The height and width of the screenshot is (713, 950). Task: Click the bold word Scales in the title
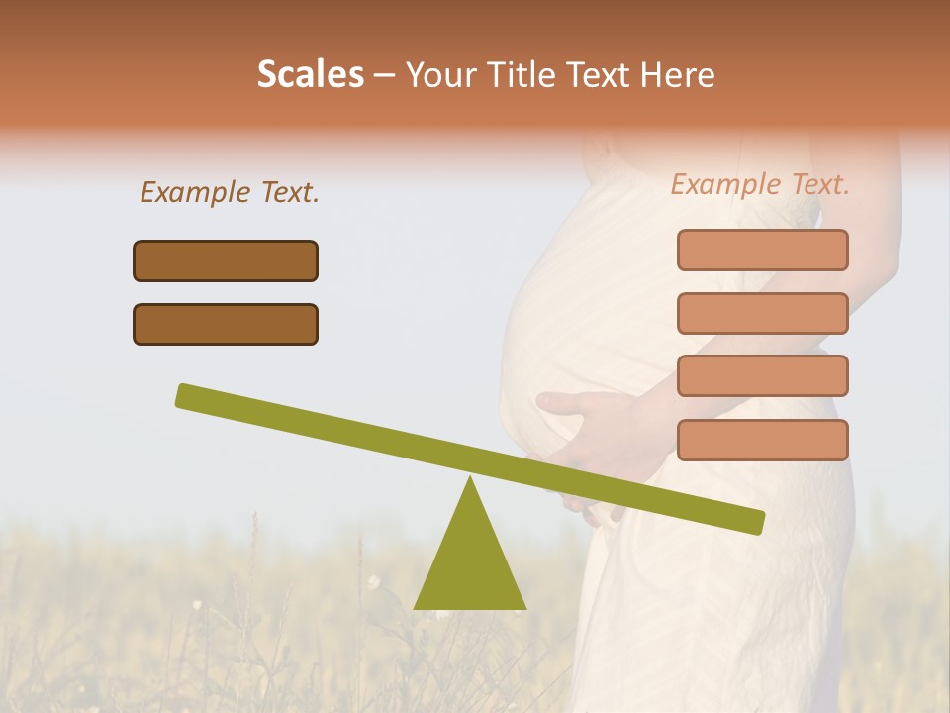[310, 74]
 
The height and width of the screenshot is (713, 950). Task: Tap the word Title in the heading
[517, 74]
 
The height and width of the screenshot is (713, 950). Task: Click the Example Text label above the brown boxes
[230, 192]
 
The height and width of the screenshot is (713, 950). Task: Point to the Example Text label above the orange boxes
[760, 184]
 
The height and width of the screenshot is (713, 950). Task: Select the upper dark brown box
[226, 260]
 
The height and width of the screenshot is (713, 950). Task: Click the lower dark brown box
[226, 324]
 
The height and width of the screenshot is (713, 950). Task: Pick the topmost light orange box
[762, 250]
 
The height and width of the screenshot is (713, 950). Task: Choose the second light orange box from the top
[762, 313]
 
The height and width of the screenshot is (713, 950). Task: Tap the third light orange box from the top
[762, 376]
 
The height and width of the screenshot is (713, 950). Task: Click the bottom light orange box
[762, 440]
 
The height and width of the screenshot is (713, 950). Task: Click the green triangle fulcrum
[470, 564]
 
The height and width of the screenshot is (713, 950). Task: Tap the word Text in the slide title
[597, 74]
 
